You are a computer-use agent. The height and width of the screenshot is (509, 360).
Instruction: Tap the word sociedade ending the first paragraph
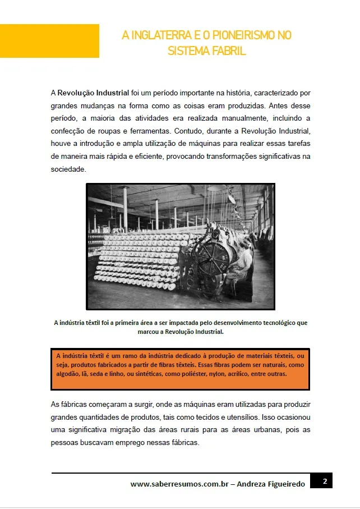[x=68, y=169]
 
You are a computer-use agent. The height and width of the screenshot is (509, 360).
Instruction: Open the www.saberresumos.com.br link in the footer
[x=178, y=484]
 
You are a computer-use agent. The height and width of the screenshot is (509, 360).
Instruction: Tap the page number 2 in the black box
[x=325, y=481]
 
